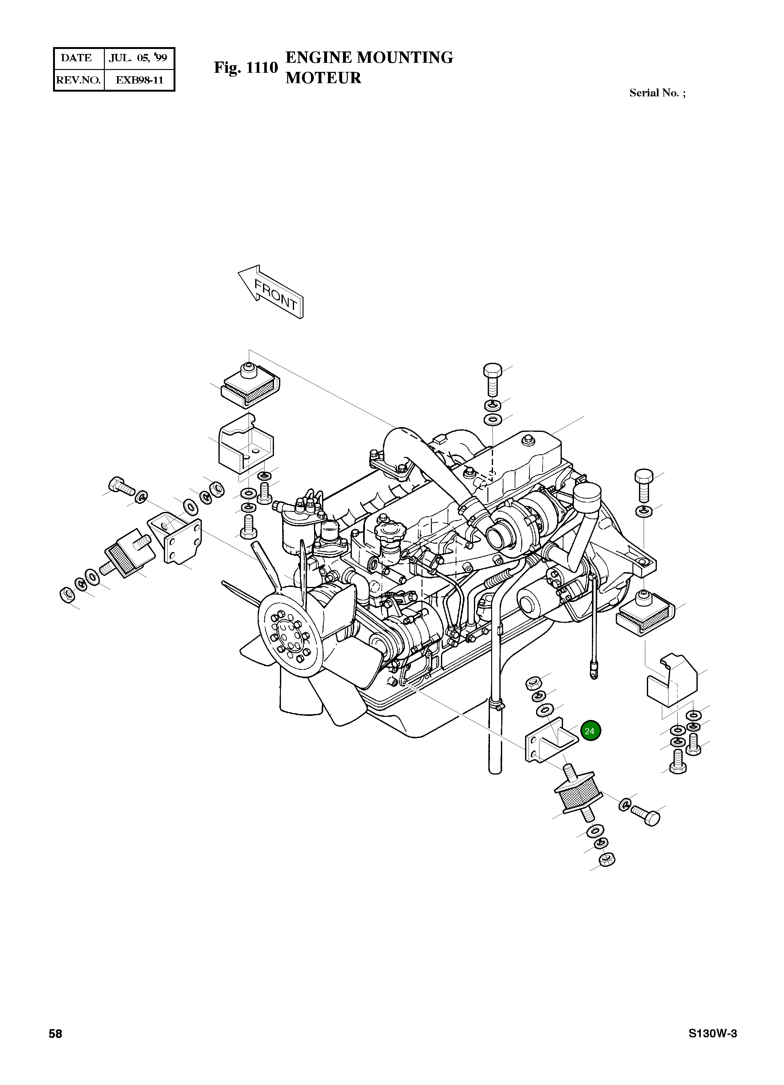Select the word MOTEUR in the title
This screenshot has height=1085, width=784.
click(323, 78)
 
